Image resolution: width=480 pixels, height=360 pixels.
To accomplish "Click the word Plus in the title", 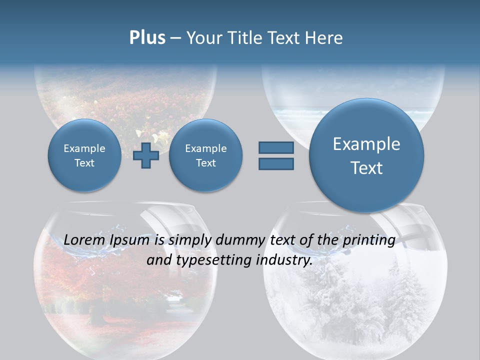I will [147, 38].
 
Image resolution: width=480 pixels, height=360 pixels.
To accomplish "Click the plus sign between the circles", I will [146, 155].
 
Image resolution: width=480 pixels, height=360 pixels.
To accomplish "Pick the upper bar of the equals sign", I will [276, 147].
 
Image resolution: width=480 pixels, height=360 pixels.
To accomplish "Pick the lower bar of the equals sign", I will [276, 163].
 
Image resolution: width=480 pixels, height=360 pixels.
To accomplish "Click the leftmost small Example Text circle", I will [84, 155].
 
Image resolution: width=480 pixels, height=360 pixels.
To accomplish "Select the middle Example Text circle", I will [205, 155].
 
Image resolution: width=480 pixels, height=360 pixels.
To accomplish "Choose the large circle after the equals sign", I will [366, 155].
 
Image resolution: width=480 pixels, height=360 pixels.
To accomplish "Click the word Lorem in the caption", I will [83, 240].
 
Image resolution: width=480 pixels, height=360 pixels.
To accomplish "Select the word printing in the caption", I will [369, 240].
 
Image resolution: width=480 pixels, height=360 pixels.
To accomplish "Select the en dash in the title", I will [175, 38].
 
